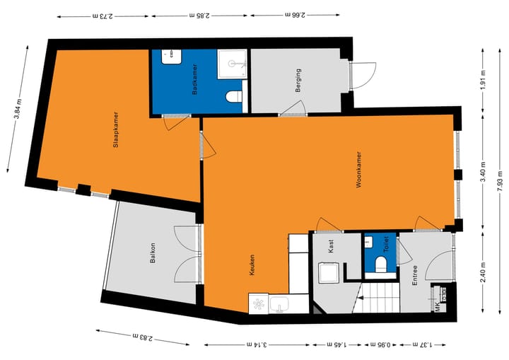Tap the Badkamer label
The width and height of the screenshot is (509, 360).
(194, 81)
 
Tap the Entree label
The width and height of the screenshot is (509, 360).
(415, 274)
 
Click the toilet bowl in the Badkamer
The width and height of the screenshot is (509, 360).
(234, 95)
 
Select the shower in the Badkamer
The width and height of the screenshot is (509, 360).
(232, 64)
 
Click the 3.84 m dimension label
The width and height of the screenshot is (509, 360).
(16, 106)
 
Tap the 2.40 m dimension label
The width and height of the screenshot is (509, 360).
(484, 272)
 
